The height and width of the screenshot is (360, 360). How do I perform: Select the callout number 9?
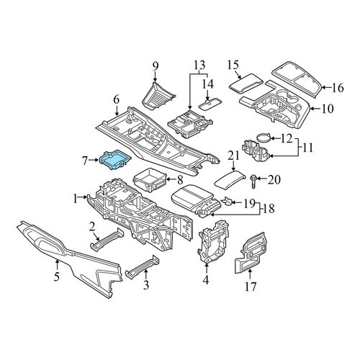click(156, 66)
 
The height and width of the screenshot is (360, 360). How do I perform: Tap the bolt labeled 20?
click(253, 183)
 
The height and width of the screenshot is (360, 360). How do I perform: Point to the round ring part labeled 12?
click(264, 138)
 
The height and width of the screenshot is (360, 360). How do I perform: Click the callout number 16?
click(338, 88)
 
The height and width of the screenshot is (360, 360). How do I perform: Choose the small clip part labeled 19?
click(228, 202)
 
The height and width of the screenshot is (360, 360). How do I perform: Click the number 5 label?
click(56, 276)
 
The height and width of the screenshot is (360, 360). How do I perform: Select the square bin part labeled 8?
click(150, 179)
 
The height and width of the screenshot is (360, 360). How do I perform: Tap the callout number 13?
click(199, 66)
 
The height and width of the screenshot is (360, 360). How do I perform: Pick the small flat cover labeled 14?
click(210, 104)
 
